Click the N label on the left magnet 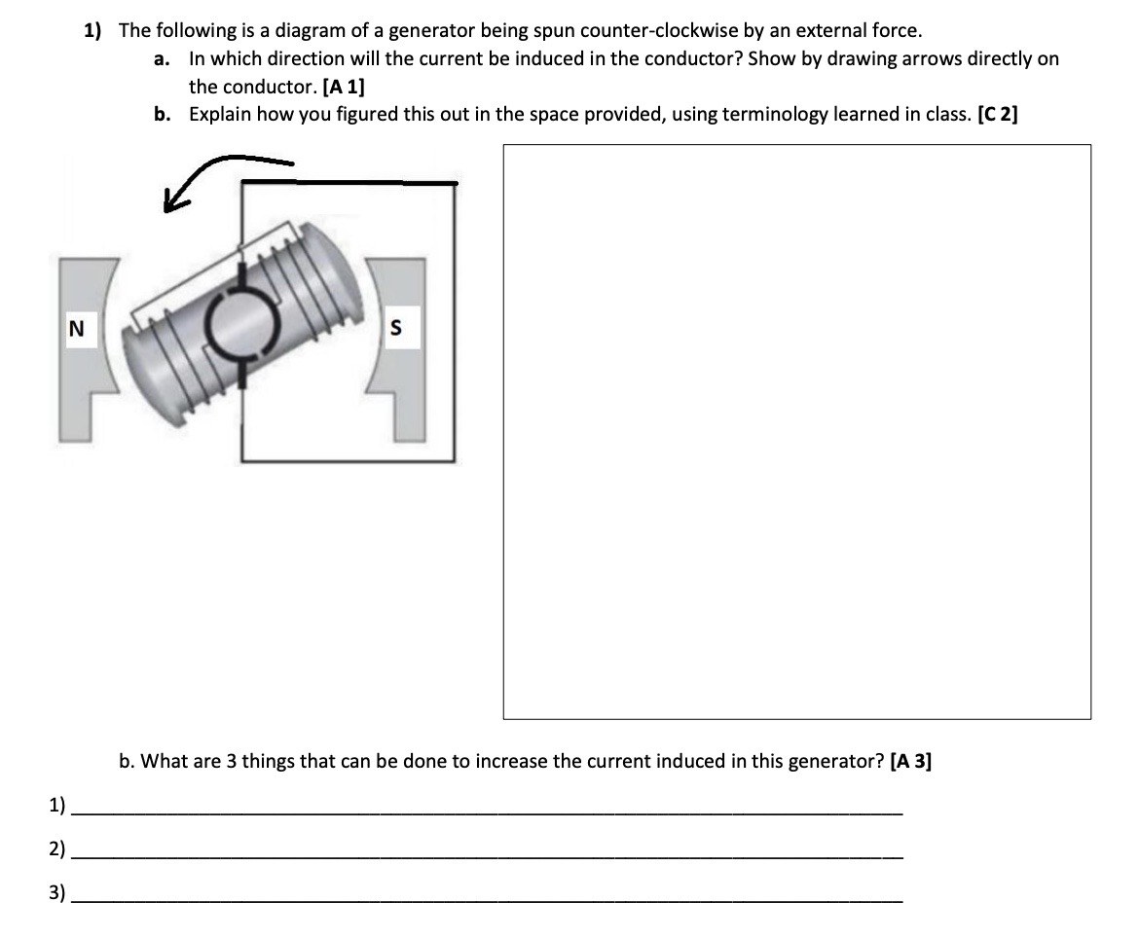(x=74, y=330)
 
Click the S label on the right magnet (x=395, y=330)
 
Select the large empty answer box (x=796, y=431)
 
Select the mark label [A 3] (x=910, y=761)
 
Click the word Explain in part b (x=220, y=115)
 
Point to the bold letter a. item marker (x=163, y=58)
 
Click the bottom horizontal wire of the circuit (x=348, y=459)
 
